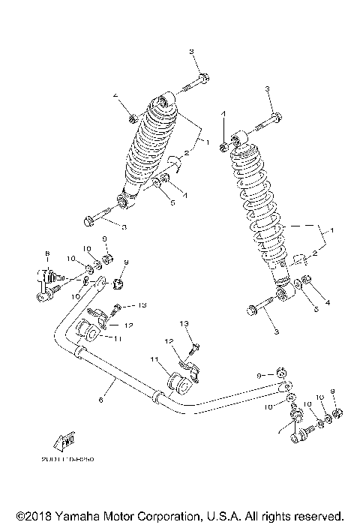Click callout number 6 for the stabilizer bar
pos(100,401)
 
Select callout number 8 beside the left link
pos(46,253)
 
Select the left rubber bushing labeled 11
pos(86,331)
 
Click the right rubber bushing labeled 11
pos(181,383)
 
